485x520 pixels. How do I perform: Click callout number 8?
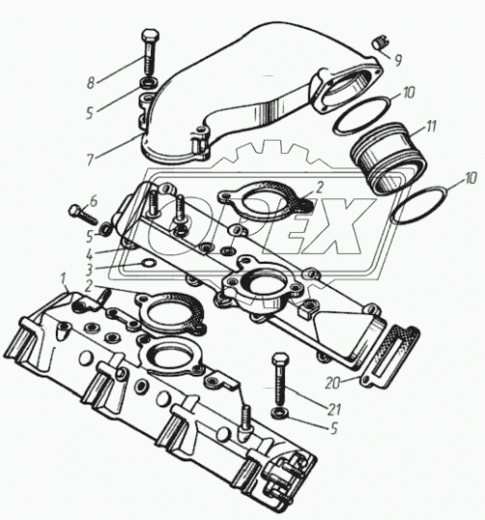(90, 83)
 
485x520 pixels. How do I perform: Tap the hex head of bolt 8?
(150, 36)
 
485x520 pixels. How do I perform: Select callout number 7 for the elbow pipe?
(90, 160)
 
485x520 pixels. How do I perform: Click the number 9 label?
(398, 60)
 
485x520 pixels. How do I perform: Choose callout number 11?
(431, 126)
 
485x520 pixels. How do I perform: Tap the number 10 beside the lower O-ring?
(470, 178)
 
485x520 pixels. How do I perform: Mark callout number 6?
(93, 201)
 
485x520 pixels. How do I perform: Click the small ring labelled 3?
(148, 263)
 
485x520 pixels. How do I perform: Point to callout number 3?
(89, 271)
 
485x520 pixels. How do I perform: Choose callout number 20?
(333, 383)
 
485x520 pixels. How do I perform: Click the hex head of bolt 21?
(280, 358)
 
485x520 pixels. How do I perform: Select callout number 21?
(334, 409)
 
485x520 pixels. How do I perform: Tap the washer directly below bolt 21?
(279, 413)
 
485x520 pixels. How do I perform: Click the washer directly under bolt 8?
(149, 83)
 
